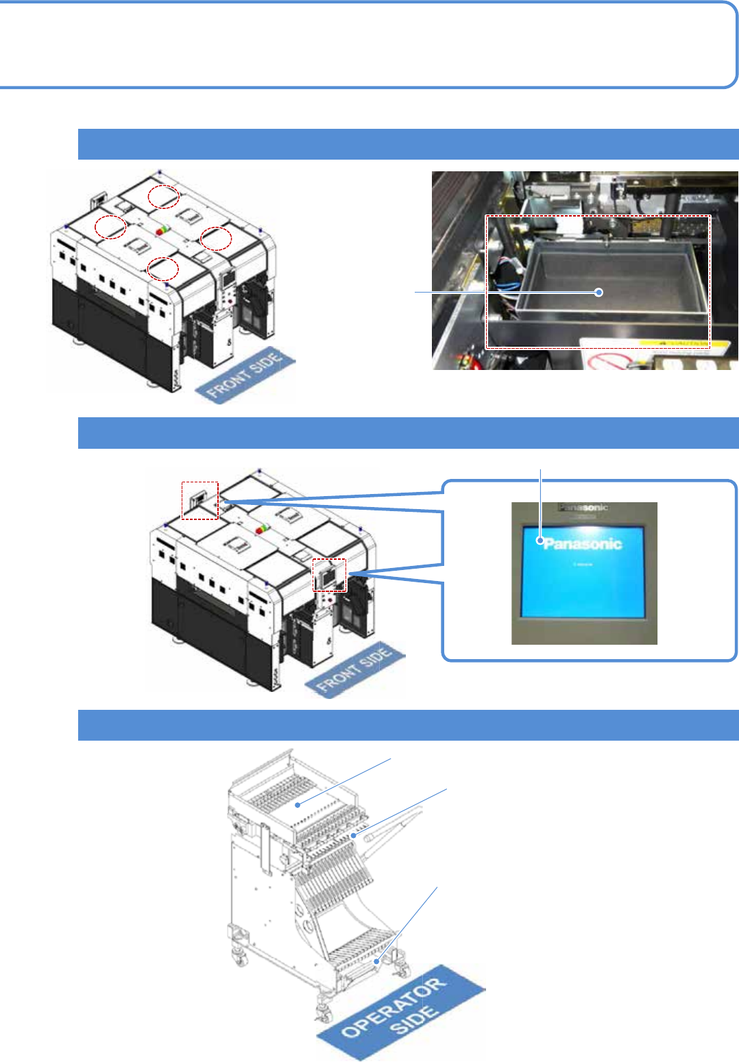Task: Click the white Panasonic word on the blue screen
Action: [x=583, y=544]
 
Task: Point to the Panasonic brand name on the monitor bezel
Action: [x=583, y=508]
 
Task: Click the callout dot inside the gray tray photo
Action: [x=599, y=292]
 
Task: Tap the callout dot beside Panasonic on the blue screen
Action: [x=541, y=541]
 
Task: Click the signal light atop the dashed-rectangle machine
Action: [x=262, y=529]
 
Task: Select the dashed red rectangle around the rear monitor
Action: [x=199, y=500]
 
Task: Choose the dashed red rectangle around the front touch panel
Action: [x=330, y=574]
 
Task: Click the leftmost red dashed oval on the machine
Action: [x=110, y=227]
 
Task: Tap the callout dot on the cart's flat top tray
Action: [x=298, y=805]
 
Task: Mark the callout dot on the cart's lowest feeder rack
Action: [x=376, y=961]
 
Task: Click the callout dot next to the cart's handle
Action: [x=354, y=835]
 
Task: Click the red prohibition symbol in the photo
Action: [x=607, y=360]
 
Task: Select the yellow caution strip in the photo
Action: [x=679, y=342]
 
